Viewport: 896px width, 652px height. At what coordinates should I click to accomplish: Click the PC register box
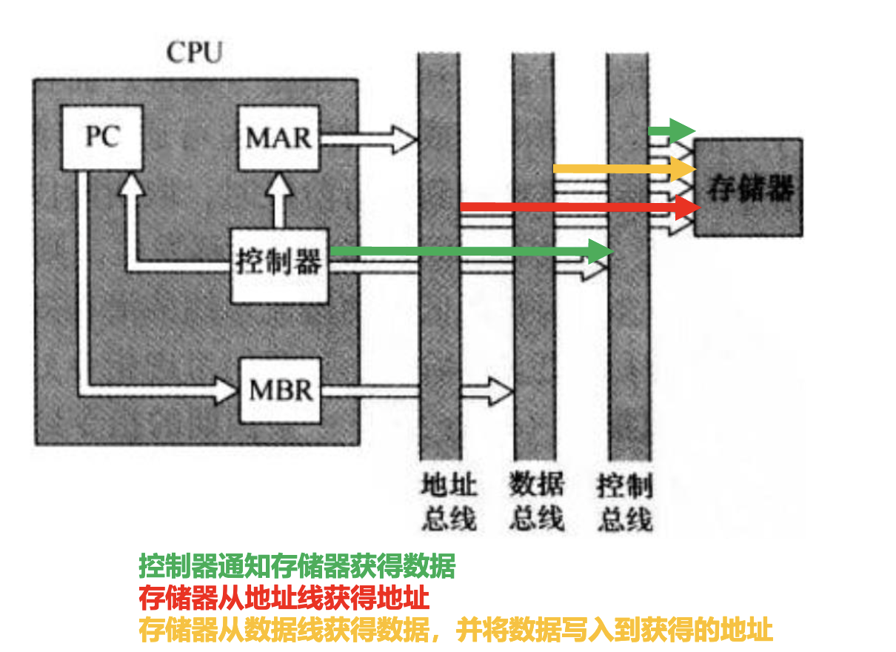101,136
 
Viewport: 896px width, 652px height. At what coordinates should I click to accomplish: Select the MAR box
279,138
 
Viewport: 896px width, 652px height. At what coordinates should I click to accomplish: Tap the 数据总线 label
536,503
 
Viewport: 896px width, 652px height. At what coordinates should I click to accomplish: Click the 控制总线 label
624,503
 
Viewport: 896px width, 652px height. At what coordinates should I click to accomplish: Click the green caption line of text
297,566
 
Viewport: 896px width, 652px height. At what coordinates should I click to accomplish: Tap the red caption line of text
284,598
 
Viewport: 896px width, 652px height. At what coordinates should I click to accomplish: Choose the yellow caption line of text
455,631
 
